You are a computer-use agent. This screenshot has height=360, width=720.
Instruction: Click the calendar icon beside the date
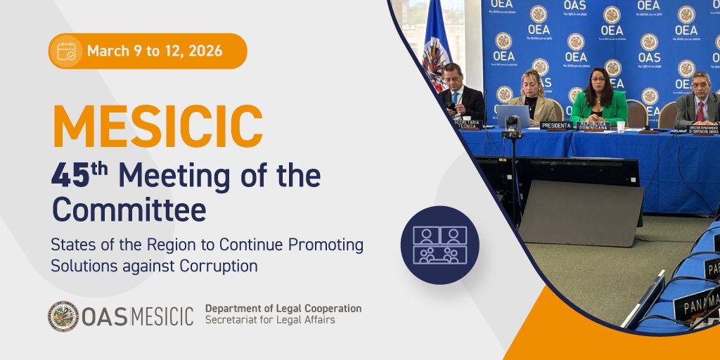67,51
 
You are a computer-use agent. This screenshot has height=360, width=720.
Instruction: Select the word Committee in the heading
129,209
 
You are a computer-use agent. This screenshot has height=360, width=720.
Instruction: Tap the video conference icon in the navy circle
439,245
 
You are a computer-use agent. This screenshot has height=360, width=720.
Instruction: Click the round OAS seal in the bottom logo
63,316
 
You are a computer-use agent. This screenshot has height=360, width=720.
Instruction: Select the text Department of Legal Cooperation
283,309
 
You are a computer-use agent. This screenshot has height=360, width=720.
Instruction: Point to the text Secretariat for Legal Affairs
270,320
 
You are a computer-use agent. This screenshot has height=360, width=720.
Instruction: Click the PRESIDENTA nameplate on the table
557,125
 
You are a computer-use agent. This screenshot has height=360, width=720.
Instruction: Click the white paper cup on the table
621,126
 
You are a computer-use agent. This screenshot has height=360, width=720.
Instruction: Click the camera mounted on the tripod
512,125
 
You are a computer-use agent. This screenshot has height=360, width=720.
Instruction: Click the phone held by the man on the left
451,106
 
